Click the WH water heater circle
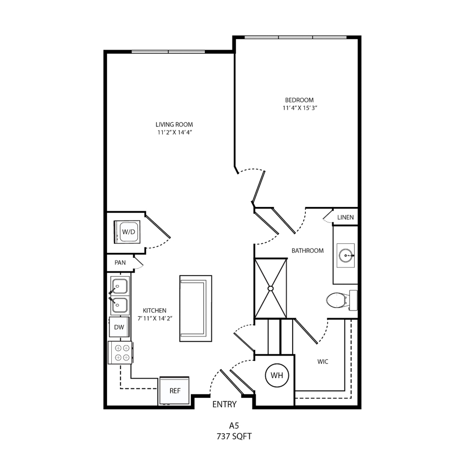(x=277, y=375)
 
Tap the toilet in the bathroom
(x=342, y=300)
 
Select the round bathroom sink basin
(x=346, y=255)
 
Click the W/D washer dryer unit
(x=127, y=232)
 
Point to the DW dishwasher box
(x=119, y=327)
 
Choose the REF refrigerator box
(x=175, y=391)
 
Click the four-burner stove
(x=120, y=353)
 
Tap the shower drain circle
(x=271, y=288)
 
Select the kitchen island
(x=196, y=308)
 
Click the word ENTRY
(x=225, y=404)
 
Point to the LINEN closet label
(x=345, y=217)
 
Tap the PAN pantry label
(x=120, y=263)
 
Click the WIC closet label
(x=322, y=362)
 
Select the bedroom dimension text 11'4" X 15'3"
(x=300, y=108)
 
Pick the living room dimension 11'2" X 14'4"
(x=174, y=132)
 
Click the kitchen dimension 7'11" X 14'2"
(x=154, y=318)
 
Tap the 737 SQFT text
(x=234, y=436)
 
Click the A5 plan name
(x=234, y=425)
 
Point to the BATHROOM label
(x=307, y=251)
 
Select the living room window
(x=168, y=51)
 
